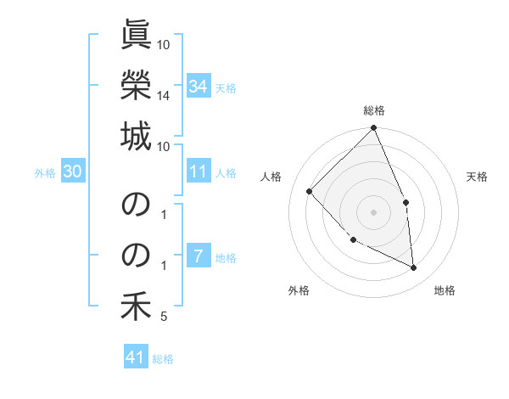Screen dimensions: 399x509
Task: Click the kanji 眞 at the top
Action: tap(137, 35)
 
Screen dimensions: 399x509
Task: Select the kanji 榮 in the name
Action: tap(137, 85)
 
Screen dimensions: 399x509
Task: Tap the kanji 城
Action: tap(137, 137)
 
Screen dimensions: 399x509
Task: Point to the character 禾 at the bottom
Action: tap(137, 306)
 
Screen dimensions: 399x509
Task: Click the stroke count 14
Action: tap(164, 96)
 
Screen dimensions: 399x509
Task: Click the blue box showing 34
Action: tap(199, 87)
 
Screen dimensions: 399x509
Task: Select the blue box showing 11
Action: tap(199, 172)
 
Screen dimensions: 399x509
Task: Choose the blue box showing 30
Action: tap(73, 172)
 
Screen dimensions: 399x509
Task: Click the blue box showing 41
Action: tap(136, 358)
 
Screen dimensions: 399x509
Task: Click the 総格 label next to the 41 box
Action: tap(163, 359)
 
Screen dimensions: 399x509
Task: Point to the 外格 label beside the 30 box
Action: tap(45, 173)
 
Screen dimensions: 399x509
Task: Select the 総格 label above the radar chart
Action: tap(374, 110)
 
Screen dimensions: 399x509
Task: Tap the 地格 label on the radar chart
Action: tap(445, 290)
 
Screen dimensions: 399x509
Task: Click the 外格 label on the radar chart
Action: tap(299, 290)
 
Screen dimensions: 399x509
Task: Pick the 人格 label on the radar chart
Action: tap(271, 177)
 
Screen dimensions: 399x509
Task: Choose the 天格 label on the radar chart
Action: tap(477, 177)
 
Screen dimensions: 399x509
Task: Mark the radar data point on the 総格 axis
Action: tap(374, 129)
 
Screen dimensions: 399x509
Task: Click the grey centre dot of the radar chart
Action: tap(374, 212)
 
